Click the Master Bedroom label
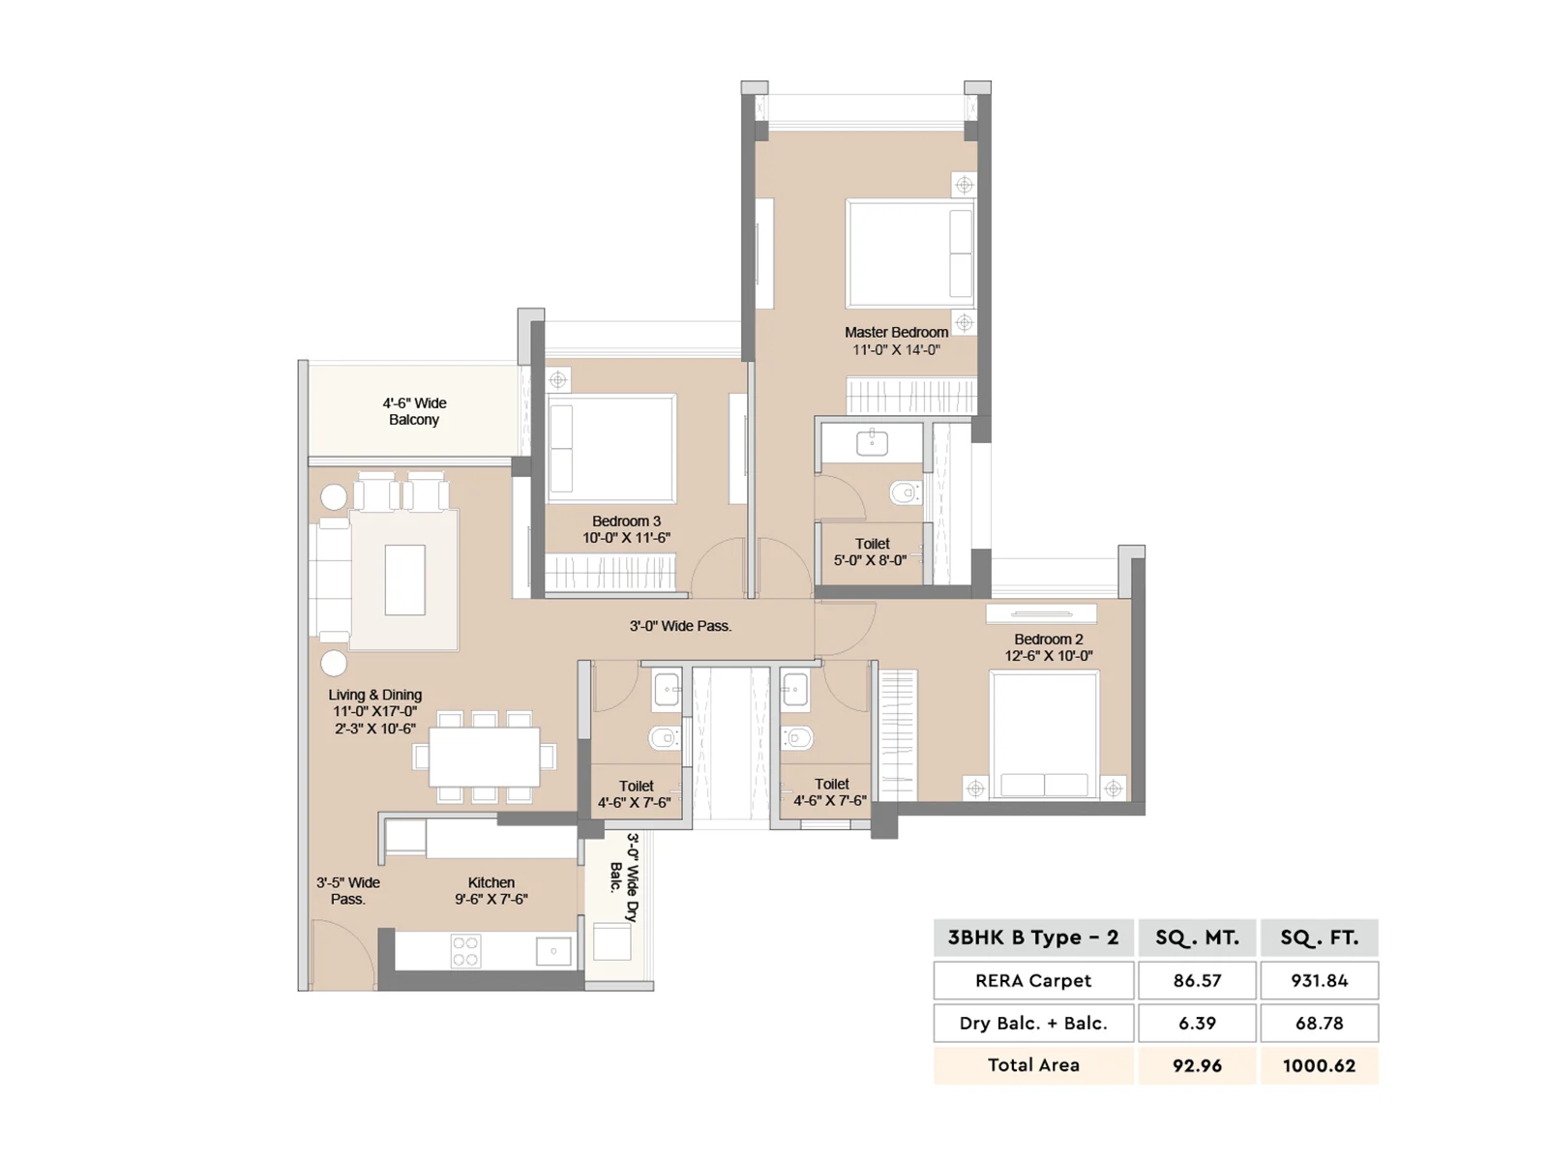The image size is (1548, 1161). click(x=896, y=332)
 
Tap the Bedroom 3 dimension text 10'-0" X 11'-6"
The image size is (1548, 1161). click(x=626, y=537)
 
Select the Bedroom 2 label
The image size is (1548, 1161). click(x=1048, y=640)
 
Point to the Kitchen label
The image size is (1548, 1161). click(x=491, y=882)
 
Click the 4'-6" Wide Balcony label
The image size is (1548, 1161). click(x=414, y=411)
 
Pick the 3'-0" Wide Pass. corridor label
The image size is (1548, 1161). click(x=680, y=626)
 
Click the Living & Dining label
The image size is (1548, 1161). click(x=374, y=695)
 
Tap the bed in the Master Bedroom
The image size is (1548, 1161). click(x=910, y=253)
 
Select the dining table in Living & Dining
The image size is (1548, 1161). click(x=485, y=758)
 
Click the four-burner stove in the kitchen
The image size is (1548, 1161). click(x=466, y=951)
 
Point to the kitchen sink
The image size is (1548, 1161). click(x=553, y=952)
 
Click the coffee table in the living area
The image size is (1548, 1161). click(x=404, y=580)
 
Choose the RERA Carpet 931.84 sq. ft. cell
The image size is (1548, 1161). click(x=1319, y=980)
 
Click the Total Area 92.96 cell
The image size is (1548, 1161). click(x=1197, y=1065)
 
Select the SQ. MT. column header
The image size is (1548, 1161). click(x=1197, y=938)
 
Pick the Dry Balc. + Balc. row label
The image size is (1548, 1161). click(x=1033, y=1023)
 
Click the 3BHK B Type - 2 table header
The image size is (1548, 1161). click(x=1033, y=938)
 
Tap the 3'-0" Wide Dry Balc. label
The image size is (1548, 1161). click(x=624, y=878)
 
